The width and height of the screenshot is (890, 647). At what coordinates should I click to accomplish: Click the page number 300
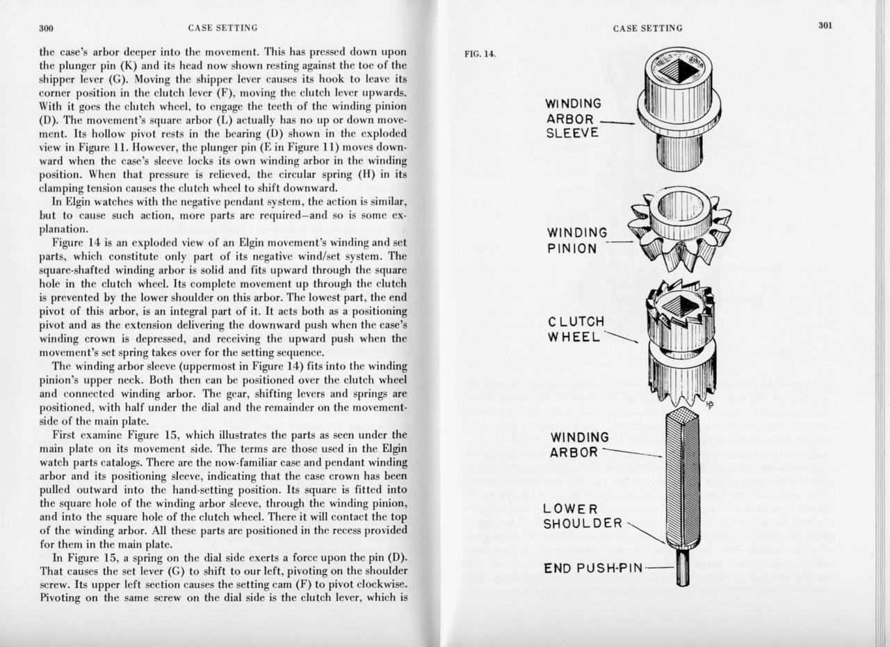[x=47, y=28]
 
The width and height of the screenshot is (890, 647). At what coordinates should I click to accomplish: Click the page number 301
[x=825, y=26]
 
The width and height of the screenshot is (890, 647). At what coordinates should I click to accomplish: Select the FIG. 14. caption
[x=480, y=54]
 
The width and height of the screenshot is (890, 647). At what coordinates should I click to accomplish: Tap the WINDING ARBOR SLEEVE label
[x=574, y=118]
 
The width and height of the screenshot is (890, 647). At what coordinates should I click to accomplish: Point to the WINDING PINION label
[x=576, y=240]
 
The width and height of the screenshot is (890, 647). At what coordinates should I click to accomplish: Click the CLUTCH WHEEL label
[x=576, y=329]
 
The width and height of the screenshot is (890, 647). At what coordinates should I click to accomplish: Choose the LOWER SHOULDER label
[x=583, y=516]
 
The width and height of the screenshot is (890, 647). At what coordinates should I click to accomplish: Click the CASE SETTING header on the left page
[x=222, y=28]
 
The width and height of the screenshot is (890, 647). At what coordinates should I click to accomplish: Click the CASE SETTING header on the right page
[x=647, y=28]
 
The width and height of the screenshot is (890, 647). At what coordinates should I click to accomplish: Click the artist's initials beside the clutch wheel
[x=709, y=404]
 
